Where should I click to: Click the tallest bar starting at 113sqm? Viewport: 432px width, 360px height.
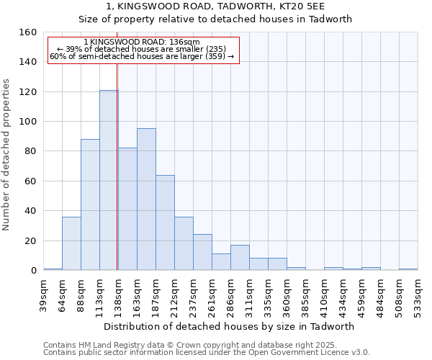pos(109,180)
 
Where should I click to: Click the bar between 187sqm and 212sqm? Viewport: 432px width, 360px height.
pos(165,222)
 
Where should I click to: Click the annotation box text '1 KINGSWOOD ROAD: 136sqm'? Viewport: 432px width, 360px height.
pos(142,42)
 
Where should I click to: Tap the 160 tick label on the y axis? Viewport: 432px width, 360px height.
pos(27,32)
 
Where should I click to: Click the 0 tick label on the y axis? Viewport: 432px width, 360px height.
pos(32,270)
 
